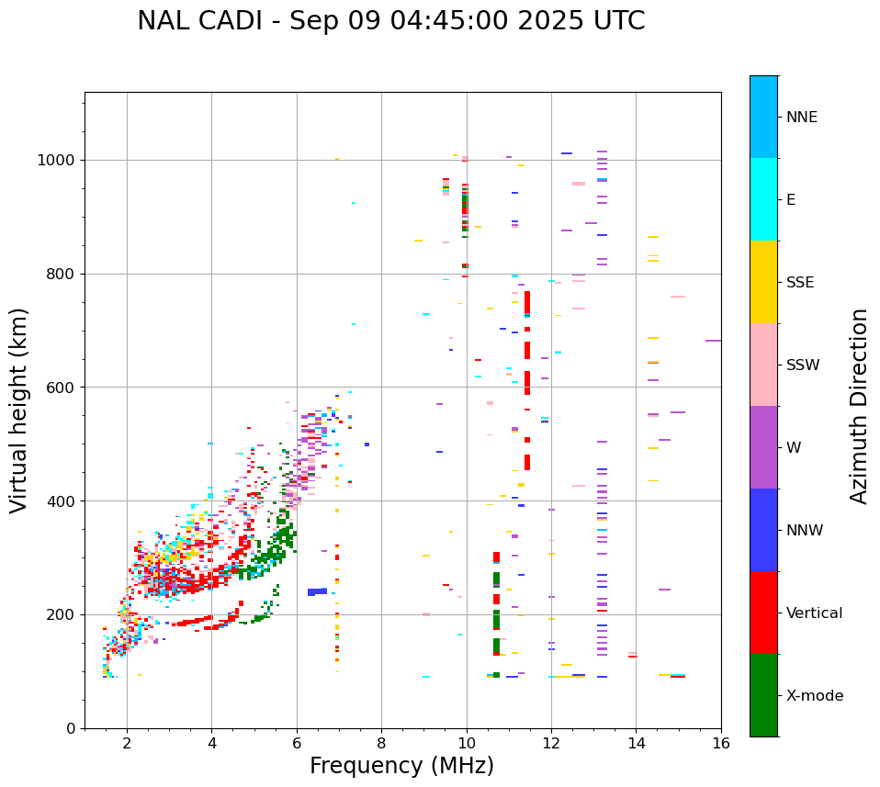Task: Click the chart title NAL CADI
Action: click(x=390, y=21)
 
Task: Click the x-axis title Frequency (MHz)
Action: click(x=401, y=766)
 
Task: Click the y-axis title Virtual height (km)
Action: click(x=19, y=410)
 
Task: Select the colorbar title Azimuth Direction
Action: click(x=859, y=406)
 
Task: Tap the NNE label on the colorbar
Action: click(x=801, y=118)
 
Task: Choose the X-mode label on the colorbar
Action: click(x=814, y=696)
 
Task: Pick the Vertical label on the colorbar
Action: click(x=814, y=613)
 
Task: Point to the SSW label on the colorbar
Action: click(x=803, y=365)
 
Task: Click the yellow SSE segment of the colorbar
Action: click(x=763, y=282)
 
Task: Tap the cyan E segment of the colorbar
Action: click(x=763, y=199)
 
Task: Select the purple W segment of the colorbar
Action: click(x=763, y=447)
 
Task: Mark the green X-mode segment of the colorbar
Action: click(x=763, y=695)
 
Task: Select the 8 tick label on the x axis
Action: click(x=381, y=743)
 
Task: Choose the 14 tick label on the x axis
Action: click(x=636, y=743)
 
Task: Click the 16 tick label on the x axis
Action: click(x=721, y=743)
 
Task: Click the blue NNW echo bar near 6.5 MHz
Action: click(x=317, y=592)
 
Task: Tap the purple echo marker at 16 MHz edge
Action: click(x=713, y=341)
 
